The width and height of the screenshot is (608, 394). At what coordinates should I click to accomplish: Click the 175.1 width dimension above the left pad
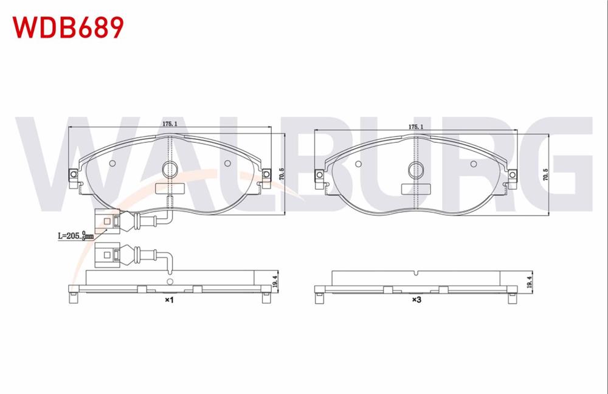(x=170, y=123)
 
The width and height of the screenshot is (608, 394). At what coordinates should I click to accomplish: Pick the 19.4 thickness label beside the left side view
(x=275, y=280)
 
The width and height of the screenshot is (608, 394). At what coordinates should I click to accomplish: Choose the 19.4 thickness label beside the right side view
(x=530, y=281)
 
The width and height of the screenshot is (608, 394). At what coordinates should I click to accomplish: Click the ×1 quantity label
(x=169, y=300)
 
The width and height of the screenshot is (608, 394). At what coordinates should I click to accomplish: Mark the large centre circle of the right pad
(x=416, y=170)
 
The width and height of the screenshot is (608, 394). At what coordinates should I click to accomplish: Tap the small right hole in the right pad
(x=474, y=164)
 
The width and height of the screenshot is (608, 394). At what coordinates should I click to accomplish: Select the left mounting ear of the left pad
(x=74, y=175)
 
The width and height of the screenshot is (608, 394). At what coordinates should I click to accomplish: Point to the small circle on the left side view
(x=170, y=282)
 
